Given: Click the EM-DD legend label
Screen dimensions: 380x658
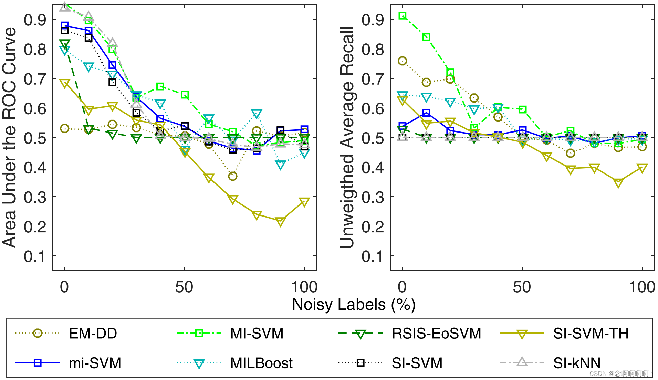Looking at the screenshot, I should coord(93,333).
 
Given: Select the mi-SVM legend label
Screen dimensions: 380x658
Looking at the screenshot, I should coord(95,363).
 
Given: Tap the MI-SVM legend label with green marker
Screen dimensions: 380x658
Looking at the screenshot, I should coord(257,333).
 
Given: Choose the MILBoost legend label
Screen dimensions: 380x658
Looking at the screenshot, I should coord(261,363).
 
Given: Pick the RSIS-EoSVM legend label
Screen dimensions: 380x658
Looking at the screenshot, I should coord(436,333).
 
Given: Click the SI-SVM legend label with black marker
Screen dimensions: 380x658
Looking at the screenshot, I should coord(417,363).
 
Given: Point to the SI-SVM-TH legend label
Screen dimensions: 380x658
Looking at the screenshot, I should coord(591,333).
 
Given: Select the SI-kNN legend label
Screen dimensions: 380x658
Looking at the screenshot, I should coord(577,363).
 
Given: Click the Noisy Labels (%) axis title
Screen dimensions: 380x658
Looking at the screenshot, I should coord(354,304).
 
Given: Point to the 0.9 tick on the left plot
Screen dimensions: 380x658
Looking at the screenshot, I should coord(35,20).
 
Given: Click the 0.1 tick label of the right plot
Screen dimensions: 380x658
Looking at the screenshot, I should coord(373,256).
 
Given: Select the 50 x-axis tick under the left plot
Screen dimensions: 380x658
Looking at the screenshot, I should coord(184,287).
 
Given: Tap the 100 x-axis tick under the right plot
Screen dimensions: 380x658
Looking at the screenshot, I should coord(642,287).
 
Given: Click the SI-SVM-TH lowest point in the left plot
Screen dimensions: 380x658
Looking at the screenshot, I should coord(280,221).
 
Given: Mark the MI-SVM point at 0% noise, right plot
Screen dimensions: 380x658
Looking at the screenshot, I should coord(402,15).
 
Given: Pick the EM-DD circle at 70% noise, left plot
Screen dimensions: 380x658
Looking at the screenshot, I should coord(232,176).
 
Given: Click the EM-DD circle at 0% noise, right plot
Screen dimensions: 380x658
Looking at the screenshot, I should coord(402,61).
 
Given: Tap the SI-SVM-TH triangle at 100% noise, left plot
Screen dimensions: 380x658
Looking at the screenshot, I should coord(304,202).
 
